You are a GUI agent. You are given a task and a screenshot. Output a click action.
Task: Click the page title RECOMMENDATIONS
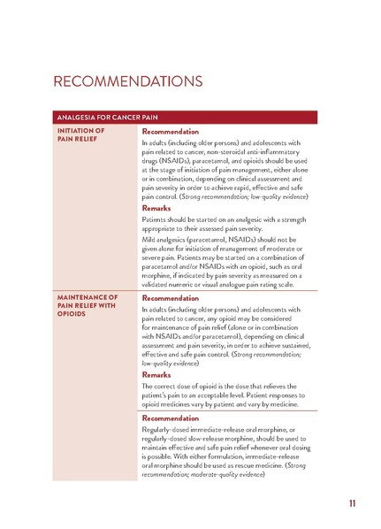pos(128,82)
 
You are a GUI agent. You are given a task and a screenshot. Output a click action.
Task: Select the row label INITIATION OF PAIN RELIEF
pos(81,135)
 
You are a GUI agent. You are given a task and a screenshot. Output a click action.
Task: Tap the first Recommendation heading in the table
pos(172,132)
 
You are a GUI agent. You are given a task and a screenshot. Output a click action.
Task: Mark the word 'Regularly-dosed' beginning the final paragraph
pos(169,431)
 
